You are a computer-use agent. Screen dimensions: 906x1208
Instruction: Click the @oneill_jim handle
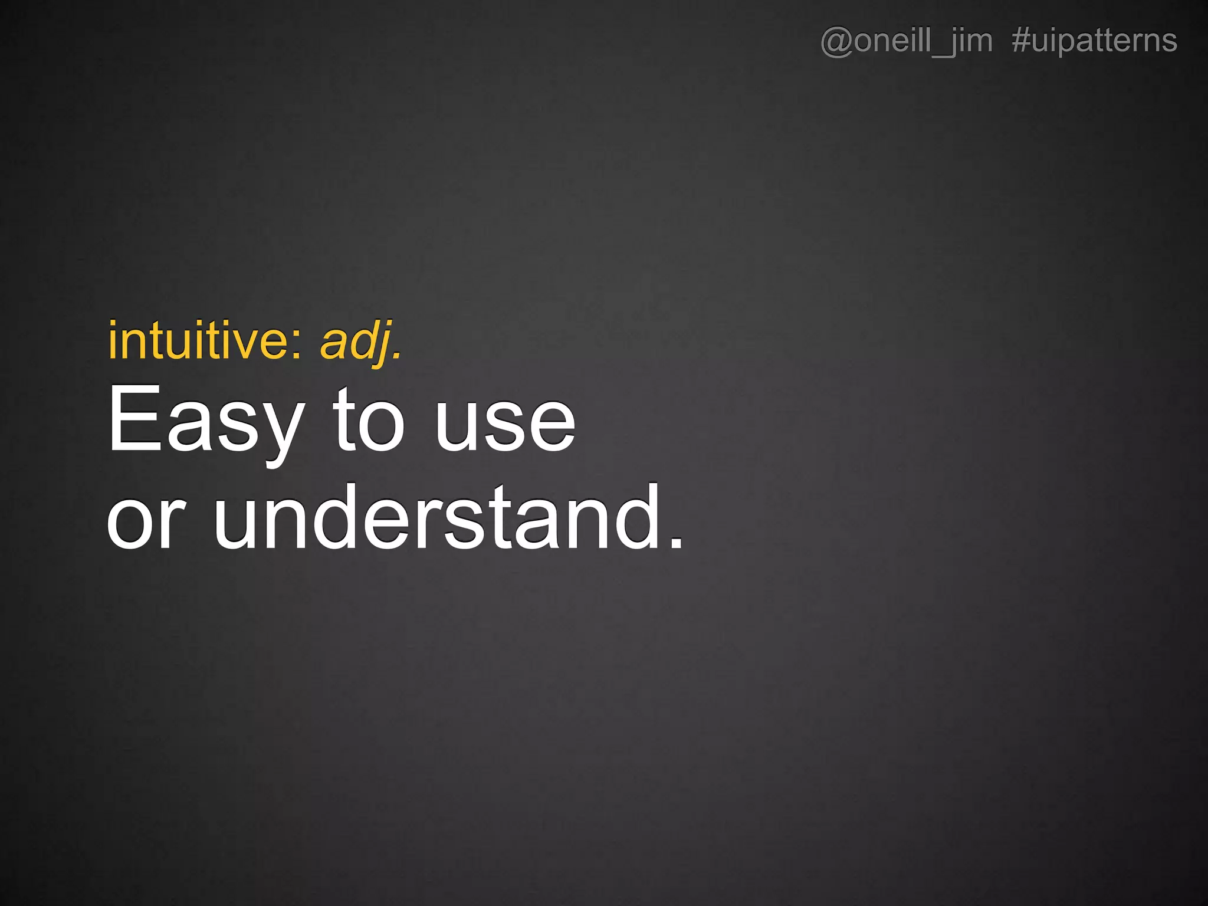click(907, 41)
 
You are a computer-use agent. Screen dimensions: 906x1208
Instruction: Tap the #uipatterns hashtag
click(1095, 41)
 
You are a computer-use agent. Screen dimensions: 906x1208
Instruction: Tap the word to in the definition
click(369, 420)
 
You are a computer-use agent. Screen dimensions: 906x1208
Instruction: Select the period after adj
click(398, 356)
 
